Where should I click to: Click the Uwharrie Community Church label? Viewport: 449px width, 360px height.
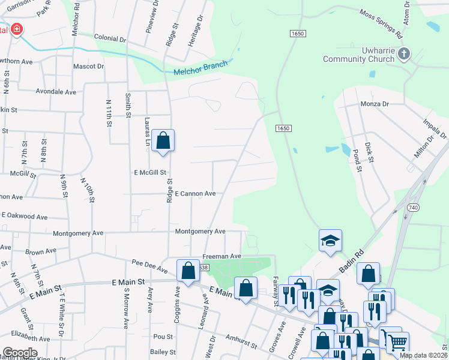point(358,55)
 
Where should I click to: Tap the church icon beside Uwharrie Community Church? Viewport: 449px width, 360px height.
point(404,54)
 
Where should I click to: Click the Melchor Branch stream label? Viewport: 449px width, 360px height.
point(200,68)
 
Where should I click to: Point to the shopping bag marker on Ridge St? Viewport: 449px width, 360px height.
point(163,141)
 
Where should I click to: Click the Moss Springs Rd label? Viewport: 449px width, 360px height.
point(379,21)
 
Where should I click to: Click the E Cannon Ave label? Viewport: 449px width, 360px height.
point(195,194)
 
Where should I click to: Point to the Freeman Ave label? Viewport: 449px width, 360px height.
point(221,256)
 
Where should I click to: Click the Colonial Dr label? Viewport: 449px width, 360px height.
point(110,38)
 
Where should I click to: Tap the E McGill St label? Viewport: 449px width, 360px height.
point(149,172)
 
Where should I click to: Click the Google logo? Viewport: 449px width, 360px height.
point(19,352)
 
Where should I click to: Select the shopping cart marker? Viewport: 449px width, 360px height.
point(396,343)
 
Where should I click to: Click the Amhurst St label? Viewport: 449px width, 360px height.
point(241,343)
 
